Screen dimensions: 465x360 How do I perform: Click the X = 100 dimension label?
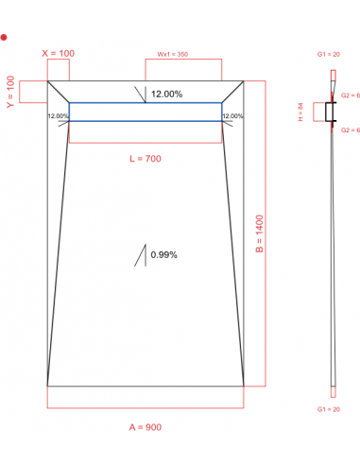[x=58, y=53]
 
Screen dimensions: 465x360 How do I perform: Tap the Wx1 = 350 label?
[x=172, y=55]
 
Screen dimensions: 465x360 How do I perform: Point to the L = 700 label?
[x=145, y=158]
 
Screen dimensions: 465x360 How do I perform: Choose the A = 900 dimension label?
[x=145, y=427]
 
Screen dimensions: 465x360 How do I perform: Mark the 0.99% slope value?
[x=164, y=255]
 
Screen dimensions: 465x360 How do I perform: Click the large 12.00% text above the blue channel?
[x=167, y=94]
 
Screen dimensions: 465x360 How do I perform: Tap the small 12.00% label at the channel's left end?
[x=58, y=116]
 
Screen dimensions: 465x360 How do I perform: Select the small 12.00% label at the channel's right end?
[x=232, y=116]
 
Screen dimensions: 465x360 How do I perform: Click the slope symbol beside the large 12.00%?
[x=142, y=94]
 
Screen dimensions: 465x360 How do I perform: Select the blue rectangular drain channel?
[x=145, y=112]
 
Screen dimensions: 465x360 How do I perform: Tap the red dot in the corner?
[x=5, y=37]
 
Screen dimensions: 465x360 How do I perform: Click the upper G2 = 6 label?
[x=350, y=96]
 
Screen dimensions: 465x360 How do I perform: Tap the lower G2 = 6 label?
[x=350, y=129]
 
